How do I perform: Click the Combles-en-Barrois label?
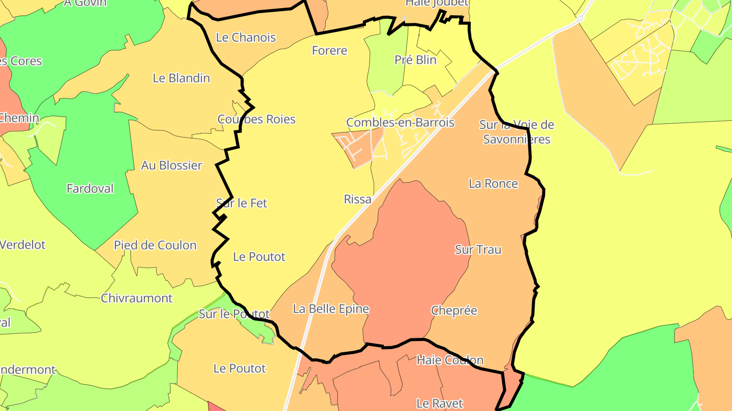400,122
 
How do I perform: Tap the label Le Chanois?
246,38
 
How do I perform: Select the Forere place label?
329,51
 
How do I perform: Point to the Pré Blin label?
415,60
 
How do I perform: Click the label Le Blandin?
181,78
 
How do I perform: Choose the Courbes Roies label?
256,119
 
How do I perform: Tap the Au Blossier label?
171,165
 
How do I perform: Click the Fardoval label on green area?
90,189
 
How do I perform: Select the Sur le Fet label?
241,203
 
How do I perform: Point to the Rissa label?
357,199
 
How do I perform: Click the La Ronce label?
493,184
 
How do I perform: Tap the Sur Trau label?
478,250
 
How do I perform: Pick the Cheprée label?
454,311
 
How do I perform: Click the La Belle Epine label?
331,309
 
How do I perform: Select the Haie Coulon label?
450,360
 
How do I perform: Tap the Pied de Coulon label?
155,246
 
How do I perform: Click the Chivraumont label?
137,298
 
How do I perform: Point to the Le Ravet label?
439,404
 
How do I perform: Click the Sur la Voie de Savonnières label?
516,132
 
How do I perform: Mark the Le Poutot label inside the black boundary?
259,257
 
